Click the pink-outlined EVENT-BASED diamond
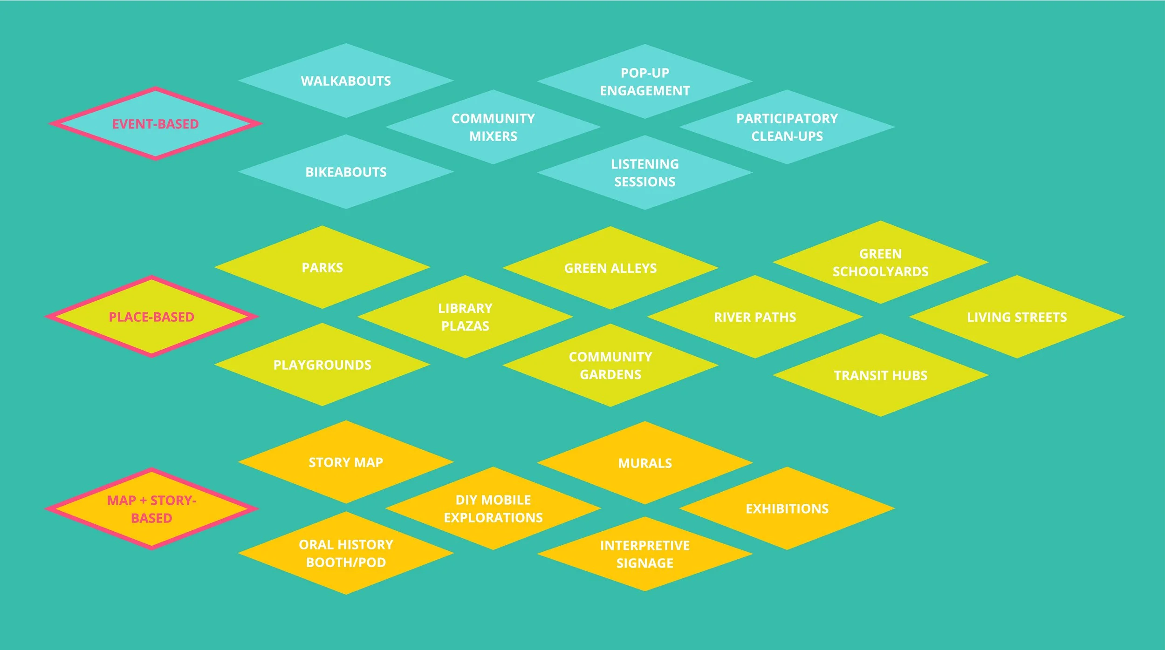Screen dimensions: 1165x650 click(155, 124)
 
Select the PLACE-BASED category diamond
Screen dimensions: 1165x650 click(151, 317)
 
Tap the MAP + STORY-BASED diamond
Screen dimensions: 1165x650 click(151, 509)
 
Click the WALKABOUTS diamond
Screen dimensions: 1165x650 click(346, 81)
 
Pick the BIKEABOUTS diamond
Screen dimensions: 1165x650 click(346, 172)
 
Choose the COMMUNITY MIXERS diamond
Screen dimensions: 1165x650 click(493, 127)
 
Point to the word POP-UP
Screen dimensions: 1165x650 click(644, 73)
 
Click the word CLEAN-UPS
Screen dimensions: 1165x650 click(787, 136)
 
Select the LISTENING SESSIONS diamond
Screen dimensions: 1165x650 click(644, 173)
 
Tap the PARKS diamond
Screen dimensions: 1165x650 click(322, 268)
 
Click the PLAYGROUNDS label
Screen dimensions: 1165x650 click(322, 365)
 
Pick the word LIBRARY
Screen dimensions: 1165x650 click(465, 308)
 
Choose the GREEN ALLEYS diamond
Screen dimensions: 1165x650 click(610, 268)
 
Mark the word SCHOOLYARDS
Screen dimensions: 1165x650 click(880, 271)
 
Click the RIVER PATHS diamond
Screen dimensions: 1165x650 click(755, 318)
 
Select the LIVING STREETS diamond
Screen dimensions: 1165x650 click(1016, 318)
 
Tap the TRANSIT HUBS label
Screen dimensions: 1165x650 click(880, 376)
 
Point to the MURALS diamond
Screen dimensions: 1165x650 click(644, 463)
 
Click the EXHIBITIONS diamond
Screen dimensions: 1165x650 click(787, 509)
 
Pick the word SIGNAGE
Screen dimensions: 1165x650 click(644, 563)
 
